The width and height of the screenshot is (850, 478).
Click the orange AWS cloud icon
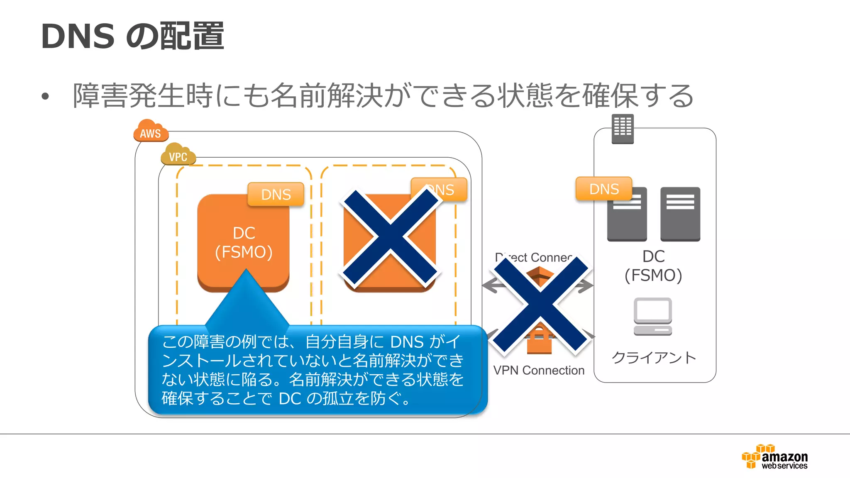(151, 131)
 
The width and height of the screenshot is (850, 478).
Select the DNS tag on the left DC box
(276, 194)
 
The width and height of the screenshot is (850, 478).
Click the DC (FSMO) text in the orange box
(244, 242)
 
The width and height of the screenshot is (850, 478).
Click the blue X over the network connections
(540, 305)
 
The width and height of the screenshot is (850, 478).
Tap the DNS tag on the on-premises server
(604, 189)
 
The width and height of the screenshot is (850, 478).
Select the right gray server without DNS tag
(680, 214)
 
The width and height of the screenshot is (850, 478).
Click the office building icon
(623, 129)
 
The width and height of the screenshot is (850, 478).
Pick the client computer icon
(653, 317)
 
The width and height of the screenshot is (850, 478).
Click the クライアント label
(654, 357)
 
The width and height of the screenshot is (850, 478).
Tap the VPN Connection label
(539, 370)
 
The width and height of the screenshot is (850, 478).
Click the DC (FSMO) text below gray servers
(653, 266)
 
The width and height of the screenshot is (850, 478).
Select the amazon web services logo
(775, 457)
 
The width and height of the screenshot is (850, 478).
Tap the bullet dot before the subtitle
(45, 97)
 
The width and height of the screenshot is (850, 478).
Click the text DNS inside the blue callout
(407, 342)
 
